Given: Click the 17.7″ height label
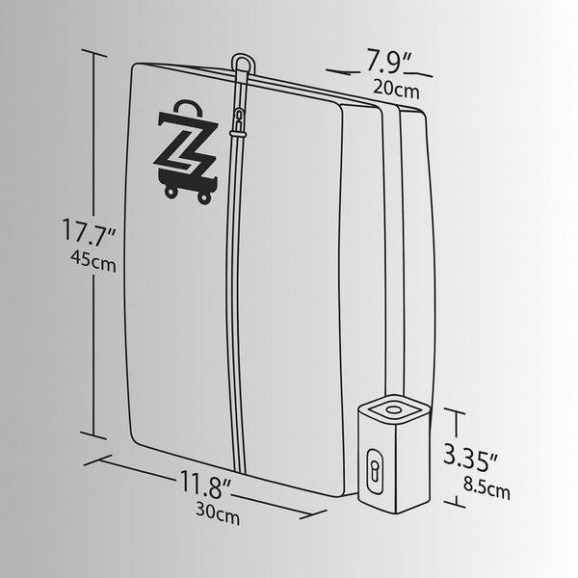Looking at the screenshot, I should [x=89, y=232].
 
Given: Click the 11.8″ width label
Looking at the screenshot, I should [x=204, y=480].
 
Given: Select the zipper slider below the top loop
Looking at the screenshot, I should [x=238, y=120].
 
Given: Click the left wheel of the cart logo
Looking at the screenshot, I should [x=171, y=192].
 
